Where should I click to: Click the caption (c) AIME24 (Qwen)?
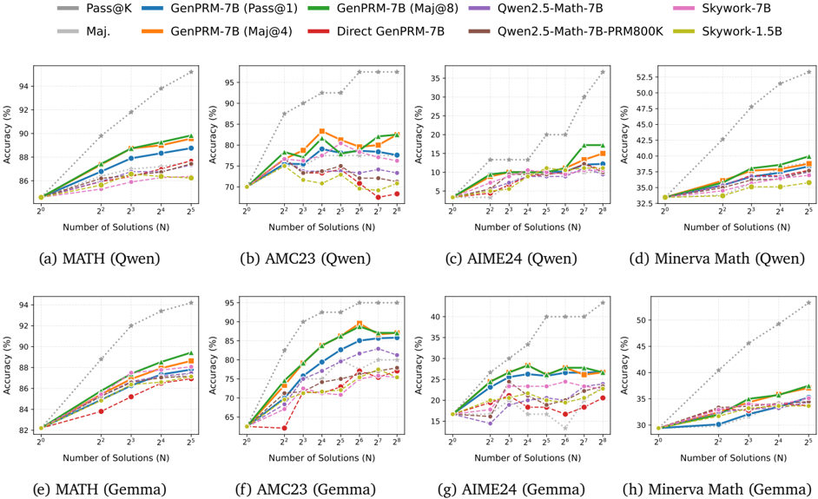click(x=524, y=258)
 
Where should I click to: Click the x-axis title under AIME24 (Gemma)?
click(x=524, y=457)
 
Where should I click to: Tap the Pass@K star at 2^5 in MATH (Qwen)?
click(x=190, y=71)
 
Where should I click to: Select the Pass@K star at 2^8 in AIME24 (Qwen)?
click(x=602, y=72)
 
